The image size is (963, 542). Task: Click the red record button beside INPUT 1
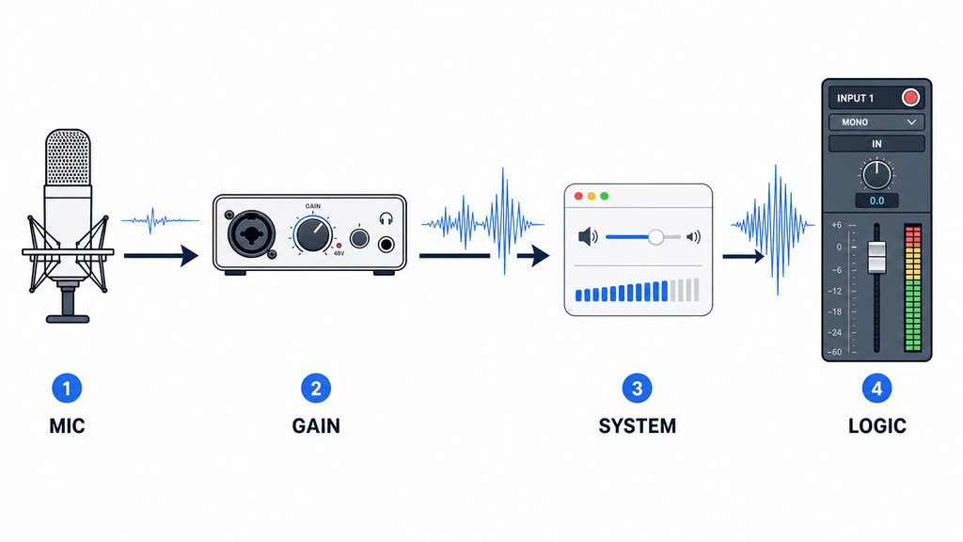pos(910,98)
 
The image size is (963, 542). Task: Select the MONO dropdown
pos(876,122)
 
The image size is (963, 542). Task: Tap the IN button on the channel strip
pos(876,144)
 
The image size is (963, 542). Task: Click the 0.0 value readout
pos(876,201)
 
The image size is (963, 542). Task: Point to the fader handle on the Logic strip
pos(876,258)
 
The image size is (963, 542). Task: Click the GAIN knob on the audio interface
pos(312,234)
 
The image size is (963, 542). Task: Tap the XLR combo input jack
pos(250,233)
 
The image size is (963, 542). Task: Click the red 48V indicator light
pos(339,246)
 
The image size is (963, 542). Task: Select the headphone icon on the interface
pos(386,218)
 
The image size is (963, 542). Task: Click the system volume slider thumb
pos(655,236)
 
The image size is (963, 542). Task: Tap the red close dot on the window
pos(578,196)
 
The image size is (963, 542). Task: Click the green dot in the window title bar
pos(605,196)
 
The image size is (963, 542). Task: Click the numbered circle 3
pos(637,389)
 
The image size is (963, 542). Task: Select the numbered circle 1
pos(67,389)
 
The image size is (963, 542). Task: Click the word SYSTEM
pos(637,426)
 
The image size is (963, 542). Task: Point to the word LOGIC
pos(877,426)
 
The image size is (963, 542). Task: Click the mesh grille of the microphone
pos(68,157)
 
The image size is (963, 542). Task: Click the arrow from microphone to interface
pos(162,255)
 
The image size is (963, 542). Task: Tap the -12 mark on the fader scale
pos(835,291)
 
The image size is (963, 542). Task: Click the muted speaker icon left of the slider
pos(588,236)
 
